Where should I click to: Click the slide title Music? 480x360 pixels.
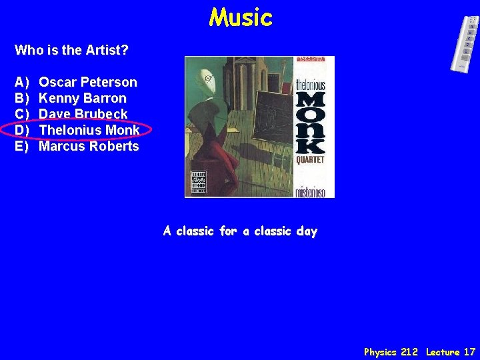(x=241, y=18)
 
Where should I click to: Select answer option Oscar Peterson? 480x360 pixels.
(x=88, y=82)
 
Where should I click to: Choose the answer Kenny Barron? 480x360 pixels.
(x=83, y=98)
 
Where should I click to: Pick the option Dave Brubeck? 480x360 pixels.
(x=83, y=114)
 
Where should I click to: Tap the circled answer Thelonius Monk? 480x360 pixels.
(x=89, y=130)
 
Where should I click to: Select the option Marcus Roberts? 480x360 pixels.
(x=89, y=146)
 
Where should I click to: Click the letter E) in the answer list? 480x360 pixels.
(x=22, y=146)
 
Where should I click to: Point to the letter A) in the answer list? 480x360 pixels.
(x=22, y=82)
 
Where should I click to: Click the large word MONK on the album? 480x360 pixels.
(x=310, y=122)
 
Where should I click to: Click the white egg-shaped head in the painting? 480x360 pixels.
(x=209, y=78)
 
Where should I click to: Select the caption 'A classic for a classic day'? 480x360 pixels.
(x=241, y=231)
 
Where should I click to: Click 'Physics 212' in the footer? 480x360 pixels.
(x=391, y=351)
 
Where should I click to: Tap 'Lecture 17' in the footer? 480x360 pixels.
(x=451, y=351)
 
